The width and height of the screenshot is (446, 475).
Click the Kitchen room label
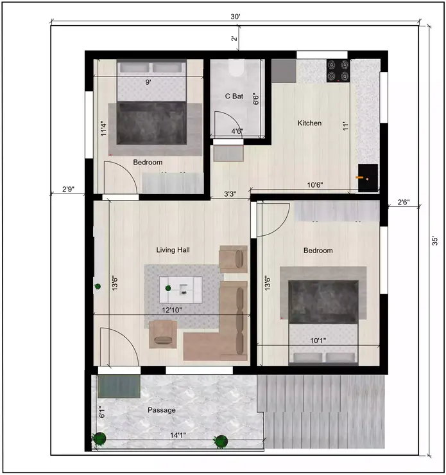[309, 123]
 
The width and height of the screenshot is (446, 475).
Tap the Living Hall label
[173, 250]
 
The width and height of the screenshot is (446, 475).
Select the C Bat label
[234, 96]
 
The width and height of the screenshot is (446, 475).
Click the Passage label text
[161, 409]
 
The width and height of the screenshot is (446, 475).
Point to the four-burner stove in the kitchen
[338, 71]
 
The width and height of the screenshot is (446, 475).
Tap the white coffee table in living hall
[180, 289]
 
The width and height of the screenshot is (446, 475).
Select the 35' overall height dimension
[434, 242]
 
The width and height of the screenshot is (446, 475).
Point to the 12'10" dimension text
[171, 310]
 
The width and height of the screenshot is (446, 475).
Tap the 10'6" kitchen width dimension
[314, 185]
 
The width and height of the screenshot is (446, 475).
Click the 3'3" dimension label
[230, 193]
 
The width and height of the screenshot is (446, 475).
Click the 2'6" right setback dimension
[404, 202]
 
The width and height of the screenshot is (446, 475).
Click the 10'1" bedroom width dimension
[318, 340]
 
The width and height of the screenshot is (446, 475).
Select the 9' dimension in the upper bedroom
[148, 82]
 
